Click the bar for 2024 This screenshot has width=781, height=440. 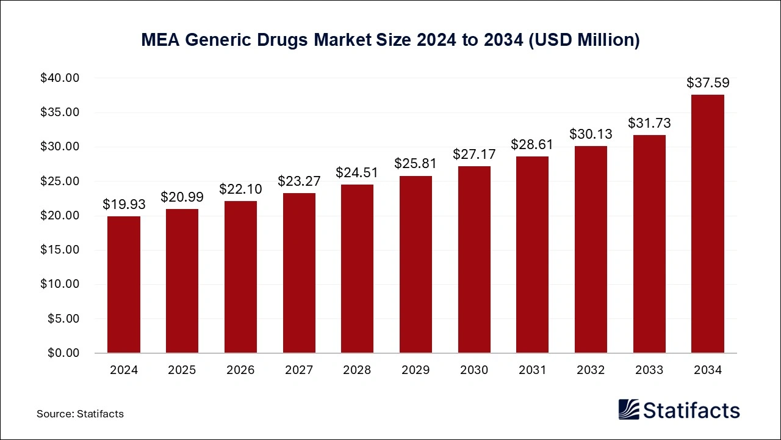tap(124, 285)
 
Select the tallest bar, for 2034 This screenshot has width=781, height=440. tap(707, 224)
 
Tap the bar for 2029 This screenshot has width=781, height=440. tap(416, 265)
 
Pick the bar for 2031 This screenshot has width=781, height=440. tap(532, 255)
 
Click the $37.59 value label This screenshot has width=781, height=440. tap(707, 83)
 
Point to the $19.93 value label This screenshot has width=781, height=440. tap(124, 204)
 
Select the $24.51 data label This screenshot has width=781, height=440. tap(357, 173)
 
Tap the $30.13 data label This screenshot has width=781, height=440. tap(591, 134)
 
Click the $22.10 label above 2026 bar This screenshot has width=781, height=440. tap(240, 189)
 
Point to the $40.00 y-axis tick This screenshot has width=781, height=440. tap(60, 78)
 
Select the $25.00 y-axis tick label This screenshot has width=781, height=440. tap(60, 182)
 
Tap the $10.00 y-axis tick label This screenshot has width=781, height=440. tap(60, 284)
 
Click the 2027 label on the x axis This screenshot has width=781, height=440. tap(299, 370)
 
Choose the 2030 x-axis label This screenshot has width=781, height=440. tap(474, 370)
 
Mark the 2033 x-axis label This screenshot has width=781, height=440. tap(649, 370)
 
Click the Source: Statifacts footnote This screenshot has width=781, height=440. tap(80, 414)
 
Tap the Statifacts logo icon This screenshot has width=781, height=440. tap(628, 409)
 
